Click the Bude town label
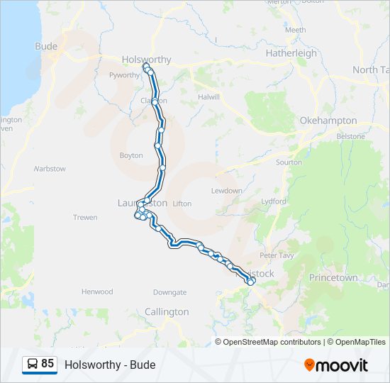coord(46,46)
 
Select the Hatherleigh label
coord(291,53)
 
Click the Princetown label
coord(333,278)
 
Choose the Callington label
coord(167,311)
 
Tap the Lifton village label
coord(182,204)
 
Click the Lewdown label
coord(226,191)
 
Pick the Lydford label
coord(274,201)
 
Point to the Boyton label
coord(131,155)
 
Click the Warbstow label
coord(50,169)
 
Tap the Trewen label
coord(85,217)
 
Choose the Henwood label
coord(97,292)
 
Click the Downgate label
coord(169,292)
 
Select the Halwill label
coord(209,96)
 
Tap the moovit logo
coord(336,365)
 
